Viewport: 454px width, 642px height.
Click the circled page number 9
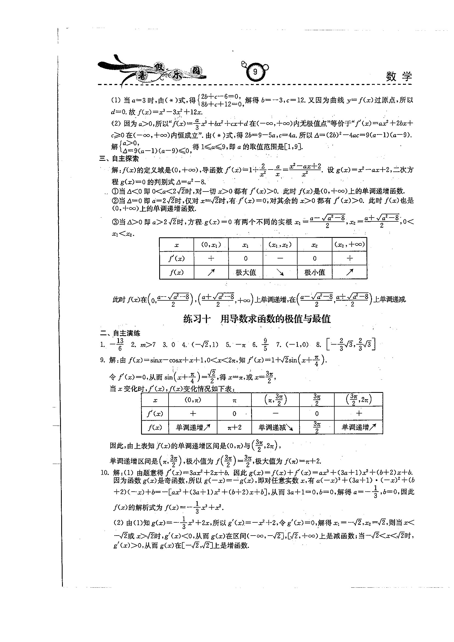[255, 72]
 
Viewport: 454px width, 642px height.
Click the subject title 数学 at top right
[399, 77]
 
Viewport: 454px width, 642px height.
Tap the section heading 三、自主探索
[119, 159]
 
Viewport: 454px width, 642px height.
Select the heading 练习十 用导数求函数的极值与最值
[257, 319]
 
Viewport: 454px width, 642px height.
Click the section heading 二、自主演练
[120, 333]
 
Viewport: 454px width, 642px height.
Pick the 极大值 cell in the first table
[246, 272]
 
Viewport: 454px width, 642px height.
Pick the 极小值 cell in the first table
[315, 272]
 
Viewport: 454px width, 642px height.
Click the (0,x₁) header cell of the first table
[211, 245]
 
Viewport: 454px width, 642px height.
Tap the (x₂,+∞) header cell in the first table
[349, 245]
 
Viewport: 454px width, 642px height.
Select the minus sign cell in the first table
[280, 258]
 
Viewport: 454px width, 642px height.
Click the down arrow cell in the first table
[280, 272]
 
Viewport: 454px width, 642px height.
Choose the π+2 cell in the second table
[234, 427]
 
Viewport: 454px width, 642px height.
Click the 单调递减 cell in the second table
[275, 427]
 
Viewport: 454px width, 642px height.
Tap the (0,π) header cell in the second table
[193, 400]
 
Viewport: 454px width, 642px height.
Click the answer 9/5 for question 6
[265, 345]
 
